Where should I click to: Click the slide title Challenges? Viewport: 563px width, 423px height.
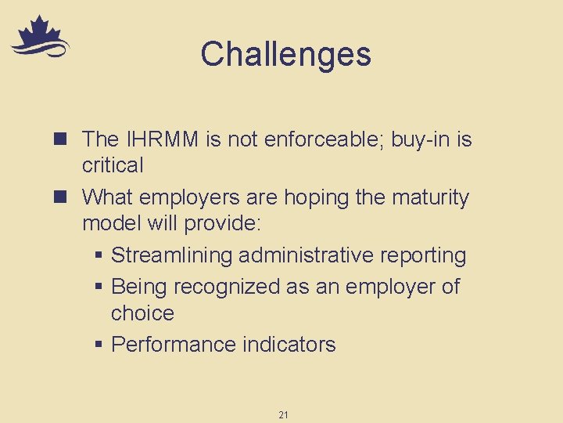point(285,55)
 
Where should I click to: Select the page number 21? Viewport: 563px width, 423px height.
point(283,414)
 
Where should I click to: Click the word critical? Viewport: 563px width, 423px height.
point(113,165)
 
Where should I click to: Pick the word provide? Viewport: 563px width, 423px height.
point(225,223)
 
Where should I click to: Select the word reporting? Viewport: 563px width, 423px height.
point(426,255)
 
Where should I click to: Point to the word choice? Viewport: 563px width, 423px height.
point(142,313)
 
